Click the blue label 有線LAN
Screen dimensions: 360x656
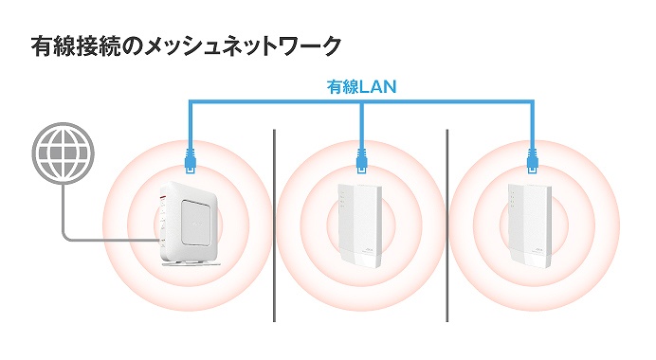pyautogui.click(x=361, y=86)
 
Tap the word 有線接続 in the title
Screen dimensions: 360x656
pyautogui.click(x=79, y=45)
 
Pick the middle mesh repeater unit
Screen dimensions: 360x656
pyautogui.click(x=361, y=225)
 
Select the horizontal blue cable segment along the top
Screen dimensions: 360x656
pyautogui.click(x=275, y=101)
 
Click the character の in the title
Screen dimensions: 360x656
pyautogui.click(x=139, y=45)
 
